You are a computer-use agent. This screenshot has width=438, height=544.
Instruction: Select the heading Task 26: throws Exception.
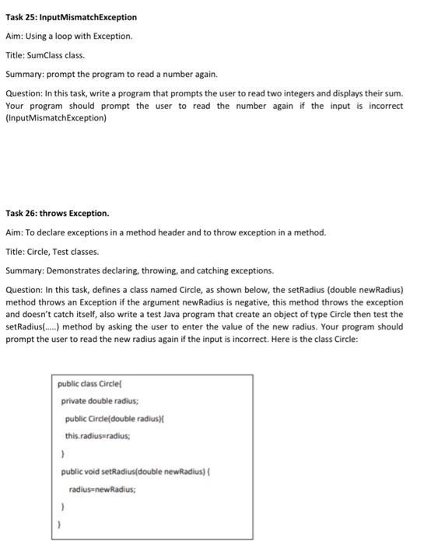tap(58, 213)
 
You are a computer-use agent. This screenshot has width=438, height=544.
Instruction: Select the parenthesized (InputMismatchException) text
tap(57, 118)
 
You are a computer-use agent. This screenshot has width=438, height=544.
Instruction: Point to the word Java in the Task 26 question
tap(201, 314)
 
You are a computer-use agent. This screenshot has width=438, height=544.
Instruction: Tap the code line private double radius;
tap(100, 401)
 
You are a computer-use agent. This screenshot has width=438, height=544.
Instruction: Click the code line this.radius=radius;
tap(97, 437)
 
